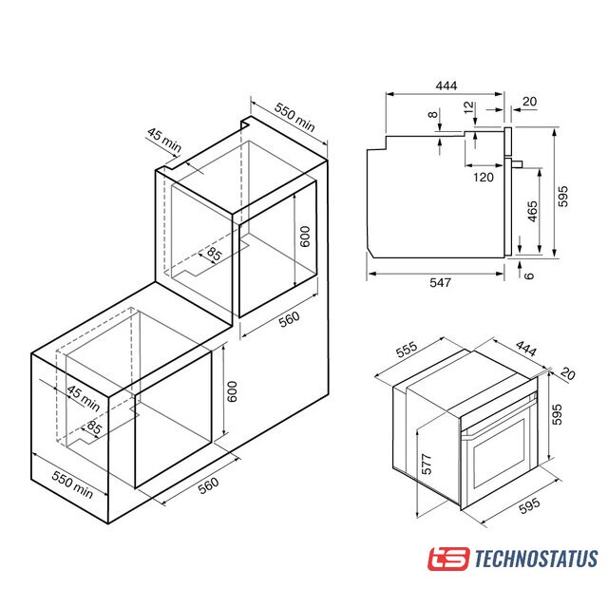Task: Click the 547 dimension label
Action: (x=440, y=282)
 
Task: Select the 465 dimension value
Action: (x=533, y=211)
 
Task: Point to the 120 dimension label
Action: (x=484, y=178)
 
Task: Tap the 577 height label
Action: (x=427, y=465)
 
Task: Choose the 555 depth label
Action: (x=407, y=349)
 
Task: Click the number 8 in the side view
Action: (x=433, y=114)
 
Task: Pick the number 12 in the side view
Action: (x=468, y=107)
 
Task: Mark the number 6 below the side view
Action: (x=529, y=275)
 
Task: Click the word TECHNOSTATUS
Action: (x=536, y=559)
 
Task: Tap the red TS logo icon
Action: (x=449, y=559)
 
